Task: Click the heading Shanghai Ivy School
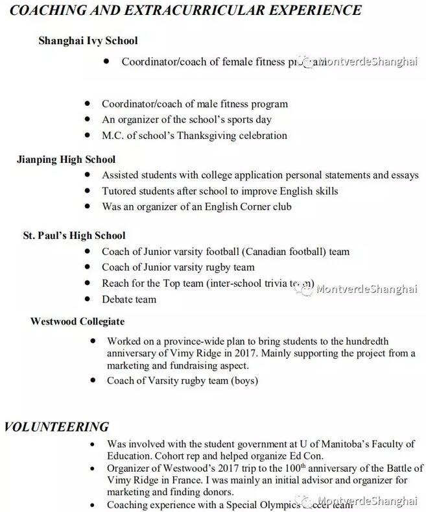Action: coord(88,40)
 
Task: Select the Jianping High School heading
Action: coord(65,159)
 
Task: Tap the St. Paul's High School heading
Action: coord(74,235)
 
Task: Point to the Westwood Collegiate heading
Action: coord(77,321)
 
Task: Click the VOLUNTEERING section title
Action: coord(56,426)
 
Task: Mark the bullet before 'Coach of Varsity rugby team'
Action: coord(94,380)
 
